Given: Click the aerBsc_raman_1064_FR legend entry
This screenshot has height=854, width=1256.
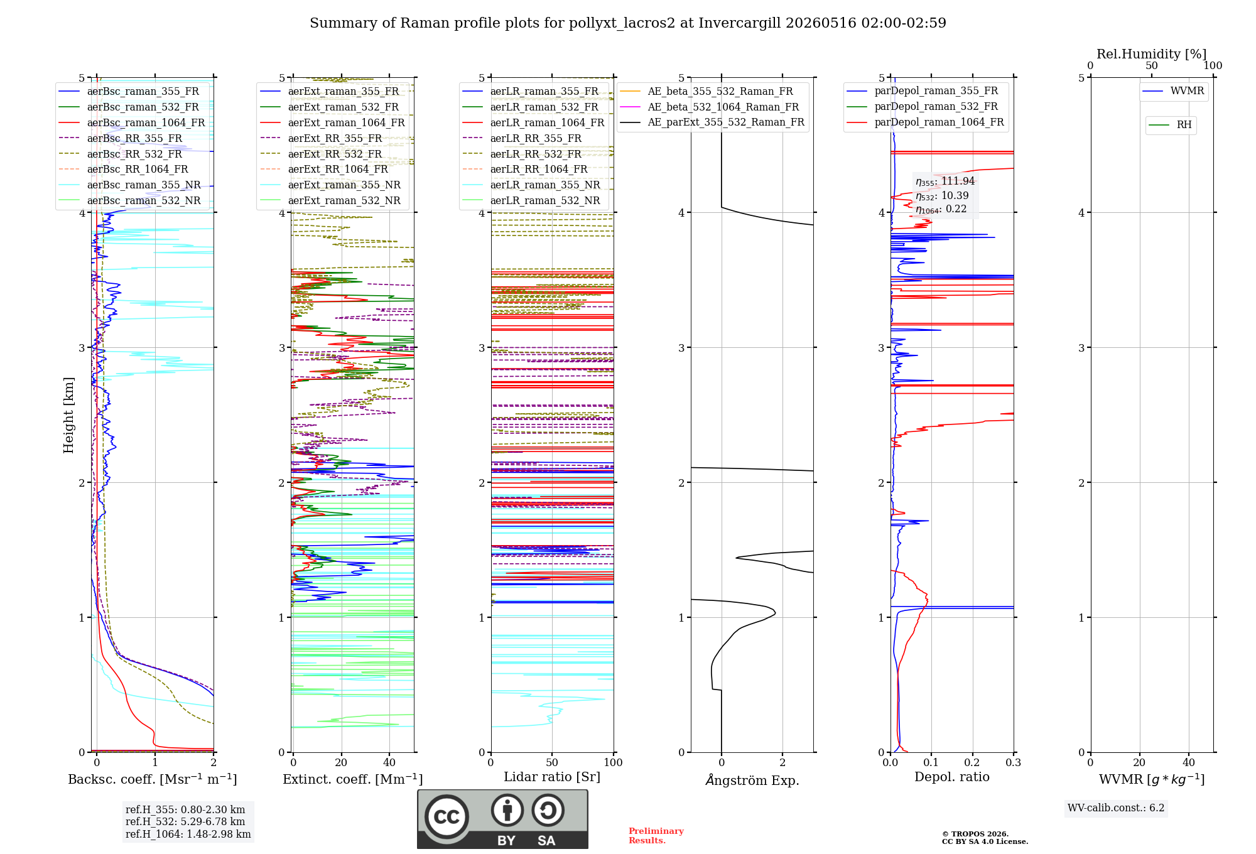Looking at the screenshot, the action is [x=132, y=122].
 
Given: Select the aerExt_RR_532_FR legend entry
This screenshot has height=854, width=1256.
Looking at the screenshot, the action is [x=321, y=154].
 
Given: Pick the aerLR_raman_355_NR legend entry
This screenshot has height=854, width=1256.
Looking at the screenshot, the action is [x=531, y=185].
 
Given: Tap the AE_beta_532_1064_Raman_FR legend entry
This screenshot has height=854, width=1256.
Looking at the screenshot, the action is [x=709, y=107].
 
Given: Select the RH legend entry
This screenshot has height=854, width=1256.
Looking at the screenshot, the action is [x=1170, y=125].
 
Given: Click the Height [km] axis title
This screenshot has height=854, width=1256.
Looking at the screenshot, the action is [x=68, y=415].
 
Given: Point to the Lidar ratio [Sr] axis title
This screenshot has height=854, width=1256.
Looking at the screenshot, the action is [x=552, y=777].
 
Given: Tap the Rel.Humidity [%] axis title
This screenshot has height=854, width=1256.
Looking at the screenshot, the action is [x=1152, y=54].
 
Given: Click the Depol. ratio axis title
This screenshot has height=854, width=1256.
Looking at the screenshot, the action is [x=952, y=777].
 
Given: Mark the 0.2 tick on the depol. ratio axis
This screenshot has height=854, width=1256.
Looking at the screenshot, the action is [x=972, y=762].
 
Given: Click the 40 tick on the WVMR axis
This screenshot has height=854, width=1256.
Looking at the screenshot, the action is [x=1189, y=762].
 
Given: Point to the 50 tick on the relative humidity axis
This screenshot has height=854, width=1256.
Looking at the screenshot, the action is [x=1152, y=66].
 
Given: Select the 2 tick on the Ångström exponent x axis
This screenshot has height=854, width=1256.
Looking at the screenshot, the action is [x=782, y=762].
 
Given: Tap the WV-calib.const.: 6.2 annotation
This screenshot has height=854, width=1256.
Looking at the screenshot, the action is [x=1116, y=808].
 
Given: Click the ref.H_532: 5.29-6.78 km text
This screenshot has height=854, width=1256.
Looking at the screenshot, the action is [x=185, y=821].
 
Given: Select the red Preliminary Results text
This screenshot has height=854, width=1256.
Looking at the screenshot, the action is [x=656, y=836].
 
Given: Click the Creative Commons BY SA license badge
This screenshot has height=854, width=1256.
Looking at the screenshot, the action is [x=502, y=819].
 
